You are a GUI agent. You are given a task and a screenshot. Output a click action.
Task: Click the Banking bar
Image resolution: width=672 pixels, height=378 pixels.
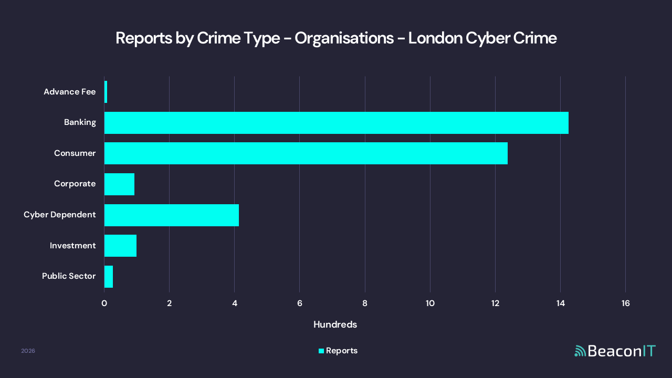click(336, 123)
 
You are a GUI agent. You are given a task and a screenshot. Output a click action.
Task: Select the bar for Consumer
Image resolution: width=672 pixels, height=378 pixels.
click(306, 153)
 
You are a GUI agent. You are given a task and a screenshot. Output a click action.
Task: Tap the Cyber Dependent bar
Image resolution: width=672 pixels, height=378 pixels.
click(171, 215)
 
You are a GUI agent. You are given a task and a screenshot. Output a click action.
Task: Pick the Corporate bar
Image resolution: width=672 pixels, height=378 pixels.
click(119, 184)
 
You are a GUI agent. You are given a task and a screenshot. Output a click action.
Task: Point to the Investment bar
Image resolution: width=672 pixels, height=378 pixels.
click(120, 246)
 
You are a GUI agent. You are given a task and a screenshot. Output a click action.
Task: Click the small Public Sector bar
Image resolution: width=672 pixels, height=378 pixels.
click(109, 277)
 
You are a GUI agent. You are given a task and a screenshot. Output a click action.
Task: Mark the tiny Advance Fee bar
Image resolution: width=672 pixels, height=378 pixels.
click(106, 92)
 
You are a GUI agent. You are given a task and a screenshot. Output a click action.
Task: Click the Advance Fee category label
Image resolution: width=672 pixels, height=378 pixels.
click(69, 92)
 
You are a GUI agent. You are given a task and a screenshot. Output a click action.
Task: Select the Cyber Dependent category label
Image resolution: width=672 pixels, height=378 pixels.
click(59, 215)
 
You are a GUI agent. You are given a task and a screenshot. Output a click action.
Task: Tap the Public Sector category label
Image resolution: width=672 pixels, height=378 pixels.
click(69, 276)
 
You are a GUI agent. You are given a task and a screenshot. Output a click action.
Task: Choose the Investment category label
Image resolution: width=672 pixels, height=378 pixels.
click(72, 246)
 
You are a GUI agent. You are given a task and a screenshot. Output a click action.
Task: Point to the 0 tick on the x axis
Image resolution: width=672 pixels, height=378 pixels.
click(104, 303)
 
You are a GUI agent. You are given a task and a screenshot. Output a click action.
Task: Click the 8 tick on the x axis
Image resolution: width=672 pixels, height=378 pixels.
click(365, 303)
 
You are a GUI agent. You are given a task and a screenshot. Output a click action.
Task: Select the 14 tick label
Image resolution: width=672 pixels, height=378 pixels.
click(560, 303)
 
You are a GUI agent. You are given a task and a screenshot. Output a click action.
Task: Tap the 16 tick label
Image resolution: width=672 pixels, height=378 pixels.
click(625, 303)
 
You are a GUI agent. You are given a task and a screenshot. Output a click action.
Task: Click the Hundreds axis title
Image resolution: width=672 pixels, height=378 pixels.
click(335, 325)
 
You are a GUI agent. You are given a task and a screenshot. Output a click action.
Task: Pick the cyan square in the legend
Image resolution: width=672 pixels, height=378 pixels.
click(321, 351)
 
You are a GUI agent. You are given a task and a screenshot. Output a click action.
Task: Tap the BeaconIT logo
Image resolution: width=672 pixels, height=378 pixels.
click(615, 351)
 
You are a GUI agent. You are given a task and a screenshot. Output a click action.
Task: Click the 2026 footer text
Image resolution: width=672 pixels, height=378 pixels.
click(28, 351)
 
